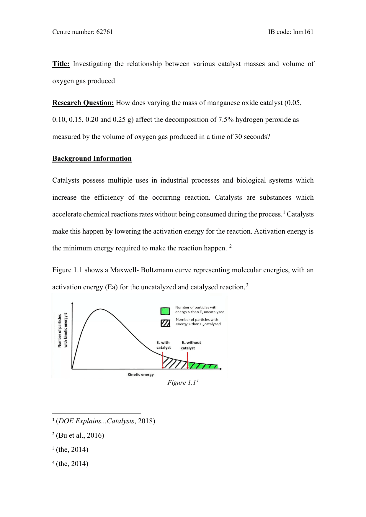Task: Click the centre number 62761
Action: (x=104, y=32)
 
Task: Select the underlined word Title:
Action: (x=61, y=64)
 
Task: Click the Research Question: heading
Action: (x=83, y=103)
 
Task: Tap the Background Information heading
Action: (x=92, y=159)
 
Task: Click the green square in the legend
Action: (x=165, y=311)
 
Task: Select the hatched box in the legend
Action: (x=165, y=323)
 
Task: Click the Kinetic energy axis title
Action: (x=140, y=375)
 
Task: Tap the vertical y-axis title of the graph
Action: (x=62, y=331)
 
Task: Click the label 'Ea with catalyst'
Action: (x=164, y=345)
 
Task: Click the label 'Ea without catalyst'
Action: (x=191, y=345)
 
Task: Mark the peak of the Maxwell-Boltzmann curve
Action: (x=100, y=309)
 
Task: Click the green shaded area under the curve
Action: (x=204, y=366)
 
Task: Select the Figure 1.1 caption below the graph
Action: (x=182, y=383)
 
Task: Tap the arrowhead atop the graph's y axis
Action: (x=72, y=303)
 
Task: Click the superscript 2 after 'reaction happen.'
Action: (x=231, y=246)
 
